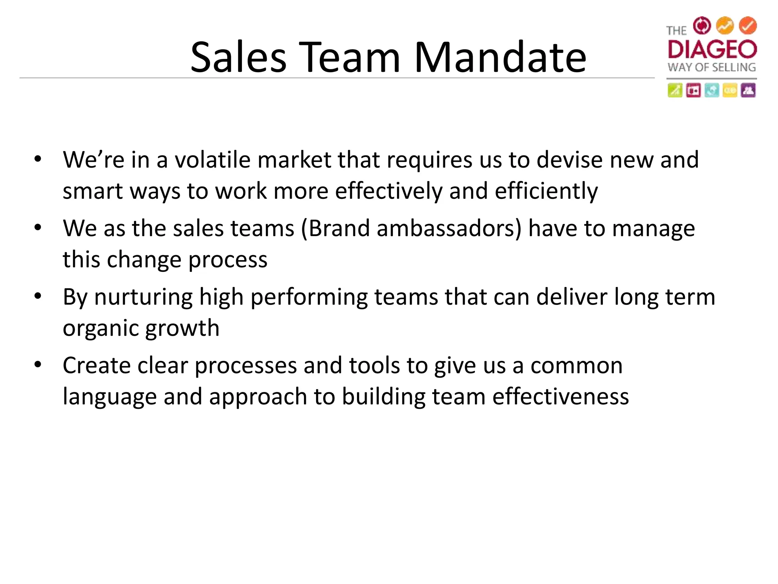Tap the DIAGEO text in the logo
712,49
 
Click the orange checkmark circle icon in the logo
748,25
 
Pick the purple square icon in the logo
748,90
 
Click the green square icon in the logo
675,90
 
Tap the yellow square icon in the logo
730,90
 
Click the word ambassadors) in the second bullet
449,229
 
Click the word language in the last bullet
110,397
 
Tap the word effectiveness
561,397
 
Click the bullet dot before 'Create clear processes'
37,365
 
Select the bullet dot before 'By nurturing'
37,296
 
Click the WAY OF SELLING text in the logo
712,68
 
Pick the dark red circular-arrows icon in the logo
702,25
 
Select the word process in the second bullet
228,260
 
